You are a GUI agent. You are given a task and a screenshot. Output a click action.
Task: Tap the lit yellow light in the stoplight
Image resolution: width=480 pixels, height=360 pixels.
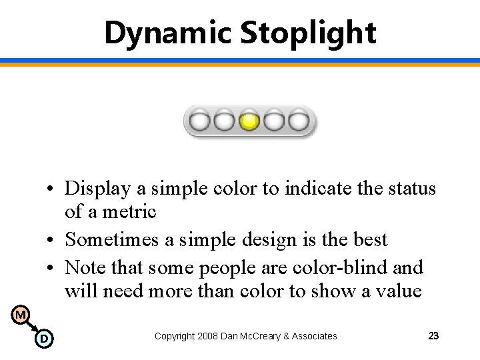(x=249, y=122)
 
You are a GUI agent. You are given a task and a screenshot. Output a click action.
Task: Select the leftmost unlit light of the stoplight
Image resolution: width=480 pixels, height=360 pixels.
(x=199, y=122)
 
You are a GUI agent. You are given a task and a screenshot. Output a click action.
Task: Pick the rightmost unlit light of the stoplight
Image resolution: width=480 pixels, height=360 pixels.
(x=298, y=122)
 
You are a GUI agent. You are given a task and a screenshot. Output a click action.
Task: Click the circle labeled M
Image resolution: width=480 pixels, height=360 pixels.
(x=21, y=315)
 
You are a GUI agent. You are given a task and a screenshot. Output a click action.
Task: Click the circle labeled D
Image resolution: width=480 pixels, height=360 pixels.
(x=43, y=339)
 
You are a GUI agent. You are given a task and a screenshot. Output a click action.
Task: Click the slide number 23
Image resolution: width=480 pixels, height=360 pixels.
(x=433, y=336)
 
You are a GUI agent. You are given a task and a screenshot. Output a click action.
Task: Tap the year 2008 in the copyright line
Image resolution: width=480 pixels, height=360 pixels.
(x=209, y=336)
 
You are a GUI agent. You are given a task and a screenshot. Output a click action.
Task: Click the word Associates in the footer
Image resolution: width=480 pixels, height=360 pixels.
(x=314, y=336)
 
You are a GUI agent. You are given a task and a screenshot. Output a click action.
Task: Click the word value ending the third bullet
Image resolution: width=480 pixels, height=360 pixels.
(x=399, y=291)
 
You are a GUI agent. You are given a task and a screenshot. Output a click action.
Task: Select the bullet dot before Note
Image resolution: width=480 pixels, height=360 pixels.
(x=51, y=268)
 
